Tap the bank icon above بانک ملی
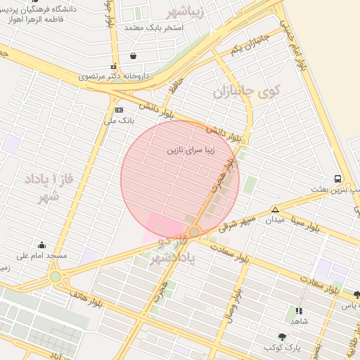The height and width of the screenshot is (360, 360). (x=118, y=110)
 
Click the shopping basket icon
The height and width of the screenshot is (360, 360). (x=133, y=56)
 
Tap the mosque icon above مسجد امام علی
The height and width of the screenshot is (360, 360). (x=42, y=245)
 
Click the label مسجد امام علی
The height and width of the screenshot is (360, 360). (x=42, y=256)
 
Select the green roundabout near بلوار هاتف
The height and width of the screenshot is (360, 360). (x=56, y=277)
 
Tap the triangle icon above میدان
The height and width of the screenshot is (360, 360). (x=275, y=210)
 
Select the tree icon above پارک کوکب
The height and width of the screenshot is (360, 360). (x=282, y=337)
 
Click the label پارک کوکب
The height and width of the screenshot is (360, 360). (x=281, y=347)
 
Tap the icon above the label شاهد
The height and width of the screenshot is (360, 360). (x=300, y=310)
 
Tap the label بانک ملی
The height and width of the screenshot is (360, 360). (x=118, y=120)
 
